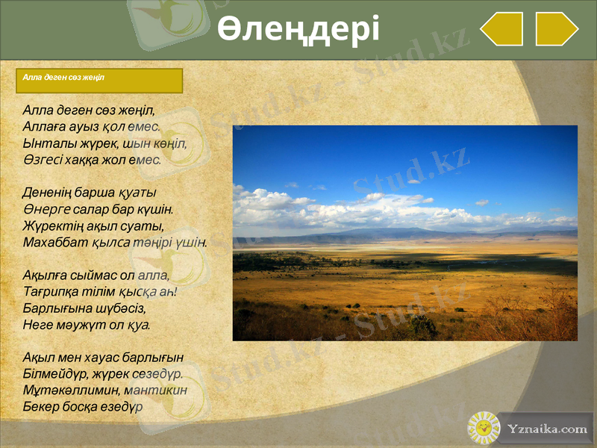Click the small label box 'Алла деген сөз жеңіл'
coord(63,77)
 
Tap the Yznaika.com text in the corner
coord(547,429)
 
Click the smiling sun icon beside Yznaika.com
coord(484,428)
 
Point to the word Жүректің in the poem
coord(48,225)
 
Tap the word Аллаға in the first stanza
coord(44,125)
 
